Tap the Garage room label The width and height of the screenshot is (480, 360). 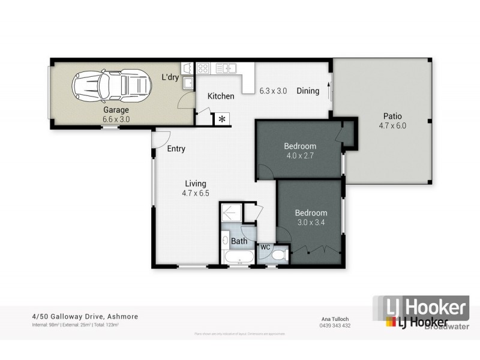[x=116, y=110]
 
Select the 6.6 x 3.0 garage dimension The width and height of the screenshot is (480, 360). [x=116, y=119]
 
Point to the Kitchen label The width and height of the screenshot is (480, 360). [x=220, y=96]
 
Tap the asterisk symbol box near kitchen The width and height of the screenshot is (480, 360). [x=223, y=119]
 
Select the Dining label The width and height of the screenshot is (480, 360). [x=308, y=91]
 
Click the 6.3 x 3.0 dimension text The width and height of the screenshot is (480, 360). [x=273, y=91]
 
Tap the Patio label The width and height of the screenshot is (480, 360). [x=392, y=116]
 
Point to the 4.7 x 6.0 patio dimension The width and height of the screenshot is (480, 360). [x=392, y=126]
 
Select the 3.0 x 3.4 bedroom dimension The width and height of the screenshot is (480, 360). [x=310, y=223]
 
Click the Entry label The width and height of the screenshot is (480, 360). [x=176, y=149]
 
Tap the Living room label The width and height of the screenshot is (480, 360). [x=196, y=184]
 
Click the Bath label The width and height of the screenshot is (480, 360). [x=239, y=242]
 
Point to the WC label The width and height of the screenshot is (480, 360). [x=265, y=247]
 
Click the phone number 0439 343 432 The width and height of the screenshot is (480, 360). [x=334, y=326]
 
